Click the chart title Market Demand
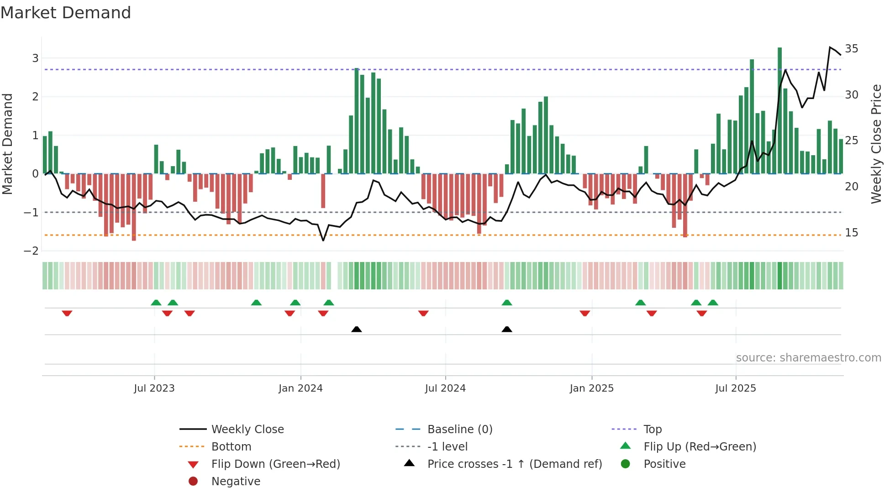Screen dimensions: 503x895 click(66, 13)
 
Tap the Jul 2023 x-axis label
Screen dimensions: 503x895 click(154, 388)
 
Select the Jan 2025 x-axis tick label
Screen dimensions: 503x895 click(592, 388)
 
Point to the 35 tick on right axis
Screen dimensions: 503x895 click(851, 49)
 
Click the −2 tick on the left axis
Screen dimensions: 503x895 click(32, 251)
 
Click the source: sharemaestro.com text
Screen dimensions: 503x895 click(808, 358)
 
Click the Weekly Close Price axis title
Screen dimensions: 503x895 click(876, 144)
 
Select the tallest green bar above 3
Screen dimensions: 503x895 click(779, 110)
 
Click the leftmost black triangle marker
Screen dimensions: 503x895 click(357, 329)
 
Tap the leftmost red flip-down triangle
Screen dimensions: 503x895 click(67, 313)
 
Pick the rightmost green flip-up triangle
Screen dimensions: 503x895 click(713, 303)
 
